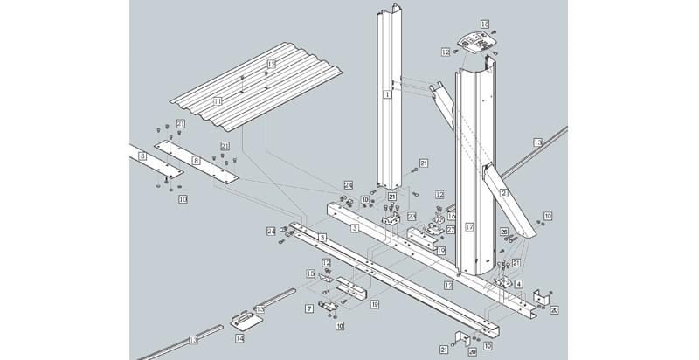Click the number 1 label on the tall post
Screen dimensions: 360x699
[385, 93]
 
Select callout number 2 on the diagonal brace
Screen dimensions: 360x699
[503, 191]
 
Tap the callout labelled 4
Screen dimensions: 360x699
[519, 284]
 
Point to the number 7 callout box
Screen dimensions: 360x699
[309, 308]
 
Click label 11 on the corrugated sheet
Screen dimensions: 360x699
[218, 101]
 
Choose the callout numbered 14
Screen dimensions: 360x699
[239, 336]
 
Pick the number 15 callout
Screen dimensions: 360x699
[309, 273]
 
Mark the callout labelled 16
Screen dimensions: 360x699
[452, 215]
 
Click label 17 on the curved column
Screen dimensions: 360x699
[469, 227]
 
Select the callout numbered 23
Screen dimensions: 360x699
[411, 216]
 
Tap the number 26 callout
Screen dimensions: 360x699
[503, 232]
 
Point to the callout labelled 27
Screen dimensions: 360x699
[451, 230]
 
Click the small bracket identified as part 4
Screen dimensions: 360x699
[504, 282]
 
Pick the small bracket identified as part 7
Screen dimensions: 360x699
[328, 303]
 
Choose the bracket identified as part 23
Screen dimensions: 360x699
[391, 224]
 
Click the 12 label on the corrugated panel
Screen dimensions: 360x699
[271, 64]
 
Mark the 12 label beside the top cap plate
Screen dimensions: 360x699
[446, 52]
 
